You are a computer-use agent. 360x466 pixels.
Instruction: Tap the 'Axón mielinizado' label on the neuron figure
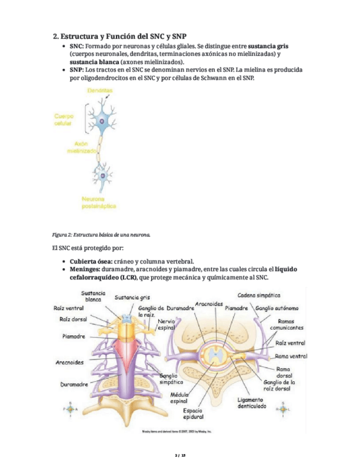[x=82, y=146]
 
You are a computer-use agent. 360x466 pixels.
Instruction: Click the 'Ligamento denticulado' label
[x=252, y=403]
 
